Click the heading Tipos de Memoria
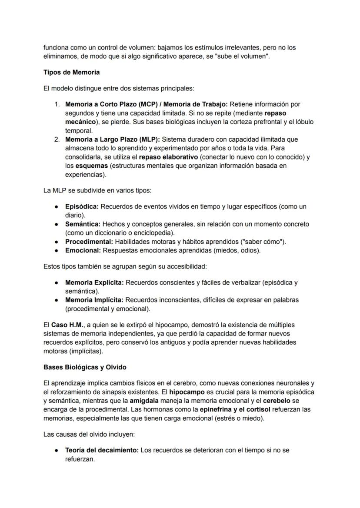pyautogui.click(x=71, y=72)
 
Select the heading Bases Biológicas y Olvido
pyautogui.click(x=85, y=367)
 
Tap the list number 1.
pyautogui.click(x=57, y=104)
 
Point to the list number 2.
pyautogui.click(x=57, y=139)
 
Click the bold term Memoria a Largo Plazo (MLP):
pyautogui.click(x=112, y=139)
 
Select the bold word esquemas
pyautogui.click(x=92, y=166)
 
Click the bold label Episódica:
pyautogui.click(x=82, y=206)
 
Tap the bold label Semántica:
pyautogui.click(x=83, y=224)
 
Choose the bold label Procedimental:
pyautogui.click(x=89, y=242)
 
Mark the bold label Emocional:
pyautogui.click(x=83, y=250)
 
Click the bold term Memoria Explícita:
pyautogui.click(x=94, y=282)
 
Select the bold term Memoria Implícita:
pyautogui.click(x=94, y=300)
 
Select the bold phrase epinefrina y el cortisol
pyautogui.click(x=235, y=409)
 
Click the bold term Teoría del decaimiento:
pyautogui.click(x=102, y=450)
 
